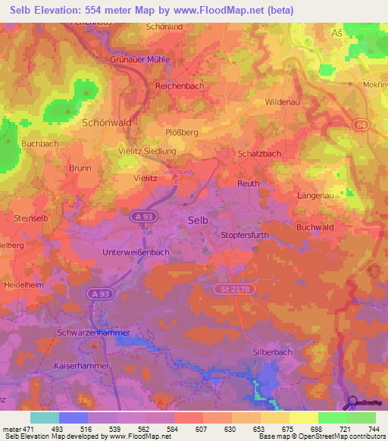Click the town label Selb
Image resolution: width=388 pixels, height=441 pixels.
pos(197,220)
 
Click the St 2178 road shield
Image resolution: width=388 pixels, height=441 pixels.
pos(233,289)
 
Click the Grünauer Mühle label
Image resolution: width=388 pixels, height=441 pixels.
pos(141,59)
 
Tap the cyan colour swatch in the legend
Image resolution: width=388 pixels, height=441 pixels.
pos(44,418)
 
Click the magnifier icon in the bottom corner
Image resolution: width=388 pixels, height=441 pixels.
pos(352,403)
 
